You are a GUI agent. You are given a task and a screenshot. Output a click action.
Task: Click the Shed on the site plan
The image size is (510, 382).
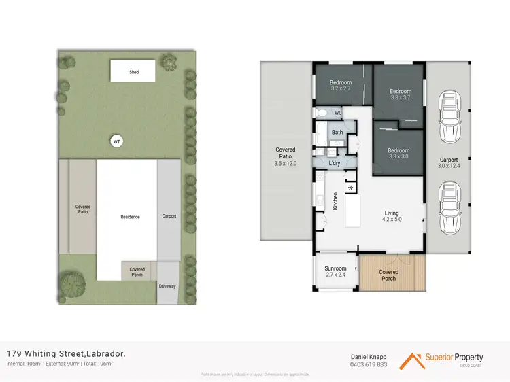[134, 71]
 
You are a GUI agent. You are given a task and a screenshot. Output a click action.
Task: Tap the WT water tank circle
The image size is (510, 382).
[117, 141]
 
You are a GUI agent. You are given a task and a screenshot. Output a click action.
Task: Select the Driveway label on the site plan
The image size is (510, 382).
[167, 286]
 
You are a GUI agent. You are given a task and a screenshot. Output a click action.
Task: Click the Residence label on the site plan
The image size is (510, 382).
[130, 217]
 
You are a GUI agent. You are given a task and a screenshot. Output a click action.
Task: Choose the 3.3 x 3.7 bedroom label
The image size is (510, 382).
[400, 98]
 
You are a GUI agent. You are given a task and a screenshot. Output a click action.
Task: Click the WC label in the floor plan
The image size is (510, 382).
[338, 113]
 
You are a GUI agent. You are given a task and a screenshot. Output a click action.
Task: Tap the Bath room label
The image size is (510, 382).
[337, 133]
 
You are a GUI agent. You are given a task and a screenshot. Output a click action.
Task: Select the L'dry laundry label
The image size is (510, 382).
[335, 164]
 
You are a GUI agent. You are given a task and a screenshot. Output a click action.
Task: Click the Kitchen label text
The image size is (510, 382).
[335, 201]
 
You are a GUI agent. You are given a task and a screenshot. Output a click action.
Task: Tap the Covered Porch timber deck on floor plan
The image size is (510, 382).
[388, 275]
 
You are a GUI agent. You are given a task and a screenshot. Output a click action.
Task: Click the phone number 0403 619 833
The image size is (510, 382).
[368, 364]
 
